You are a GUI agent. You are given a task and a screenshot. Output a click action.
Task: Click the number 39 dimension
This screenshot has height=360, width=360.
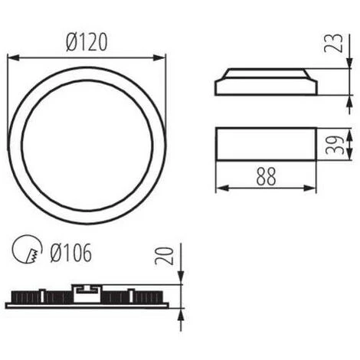click(332, 144)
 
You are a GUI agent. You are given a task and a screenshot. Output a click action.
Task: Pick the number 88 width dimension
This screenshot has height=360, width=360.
click(265, 175)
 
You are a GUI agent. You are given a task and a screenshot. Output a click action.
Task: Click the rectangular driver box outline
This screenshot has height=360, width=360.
click(265, 144)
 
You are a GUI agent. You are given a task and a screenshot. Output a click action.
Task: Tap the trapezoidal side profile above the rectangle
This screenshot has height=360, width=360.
click(265, 83)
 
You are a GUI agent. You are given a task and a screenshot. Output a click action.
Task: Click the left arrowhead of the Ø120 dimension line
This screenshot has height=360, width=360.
click(11, 57)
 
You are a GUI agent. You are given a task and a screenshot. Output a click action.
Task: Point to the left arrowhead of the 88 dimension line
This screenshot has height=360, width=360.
click(219, 187)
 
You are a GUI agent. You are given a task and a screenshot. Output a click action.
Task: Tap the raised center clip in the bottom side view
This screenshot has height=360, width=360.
click(87, 290)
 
